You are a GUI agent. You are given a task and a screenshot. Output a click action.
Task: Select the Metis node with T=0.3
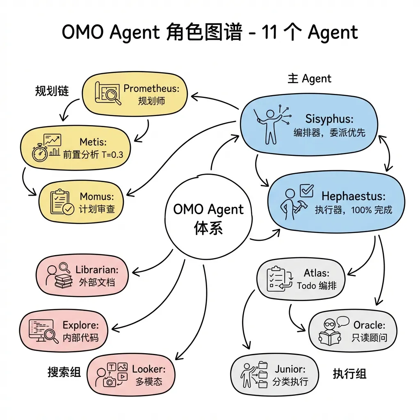click(x=75, y=148)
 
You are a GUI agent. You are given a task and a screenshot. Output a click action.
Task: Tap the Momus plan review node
click(x=82, y=203)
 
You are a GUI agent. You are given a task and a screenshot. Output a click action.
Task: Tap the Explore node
click(x=64, y=331)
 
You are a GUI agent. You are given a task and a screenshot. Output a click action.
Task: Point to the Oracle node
click(x=353, y=331)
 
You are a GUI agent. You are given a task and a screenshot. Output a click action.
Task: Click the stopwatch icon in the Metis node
click(x=40, y=152)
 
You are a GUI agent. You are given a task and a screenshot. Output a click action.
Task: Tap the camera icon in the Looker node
click(x=110, y=382)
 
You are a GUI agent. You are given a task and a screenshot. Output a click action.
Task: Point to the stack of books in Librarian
click(x=64, y=283)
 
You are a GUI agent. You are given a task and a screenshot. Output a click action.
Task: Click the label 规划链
click(x=52, y=91)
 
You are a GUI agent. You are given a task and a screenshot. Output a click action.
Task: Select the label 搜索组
click(x=64, y=372)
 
